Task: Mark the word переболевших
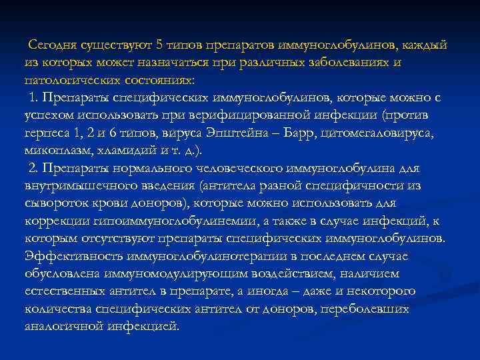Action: pyautogui.click(x=366, y=308)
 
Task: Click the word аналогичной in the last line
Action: pyautogui.click(x=59, y=325)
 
